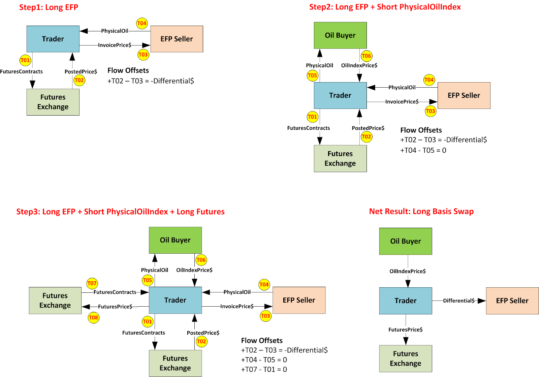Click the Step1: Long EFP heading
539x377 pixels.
[49, 7]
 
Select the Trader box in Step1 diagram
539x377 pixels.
[53, 39]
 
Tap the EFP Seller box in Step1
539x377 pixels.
[177, 39]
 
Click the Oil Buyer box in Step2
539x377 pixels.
[340, 35]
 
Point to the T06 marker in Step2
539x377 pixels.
[366, 56]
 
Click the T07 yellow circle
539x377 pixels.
[92, 283]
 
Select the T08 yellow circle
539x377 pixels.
[93, 317]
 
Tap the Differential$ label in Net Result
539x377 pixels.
[458, 301]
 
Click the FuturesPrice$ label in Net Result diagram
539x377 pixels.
[405, 329]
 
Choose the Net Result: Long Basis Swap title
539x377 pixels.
[421, 211]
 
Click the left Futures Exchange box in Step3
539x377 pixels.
[55, 300]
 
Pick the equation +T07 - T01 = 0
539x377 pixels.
[264, 369]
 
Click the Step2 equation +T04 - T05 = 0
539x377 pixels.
[423, 150]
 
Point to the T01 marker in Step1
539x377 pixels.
[25, 60]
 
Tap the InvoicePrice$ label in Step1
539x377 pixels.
[115, 45]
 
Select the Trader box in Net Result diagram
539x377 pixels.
[405, 301]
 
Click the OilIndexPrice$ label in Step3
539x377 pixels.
[194, 270]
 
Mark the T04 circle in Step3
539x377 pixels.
[264, 284]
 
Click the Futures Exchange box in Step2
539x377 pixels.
[340, 158]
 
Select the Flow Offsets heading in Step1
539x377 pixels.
[128, 70]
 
